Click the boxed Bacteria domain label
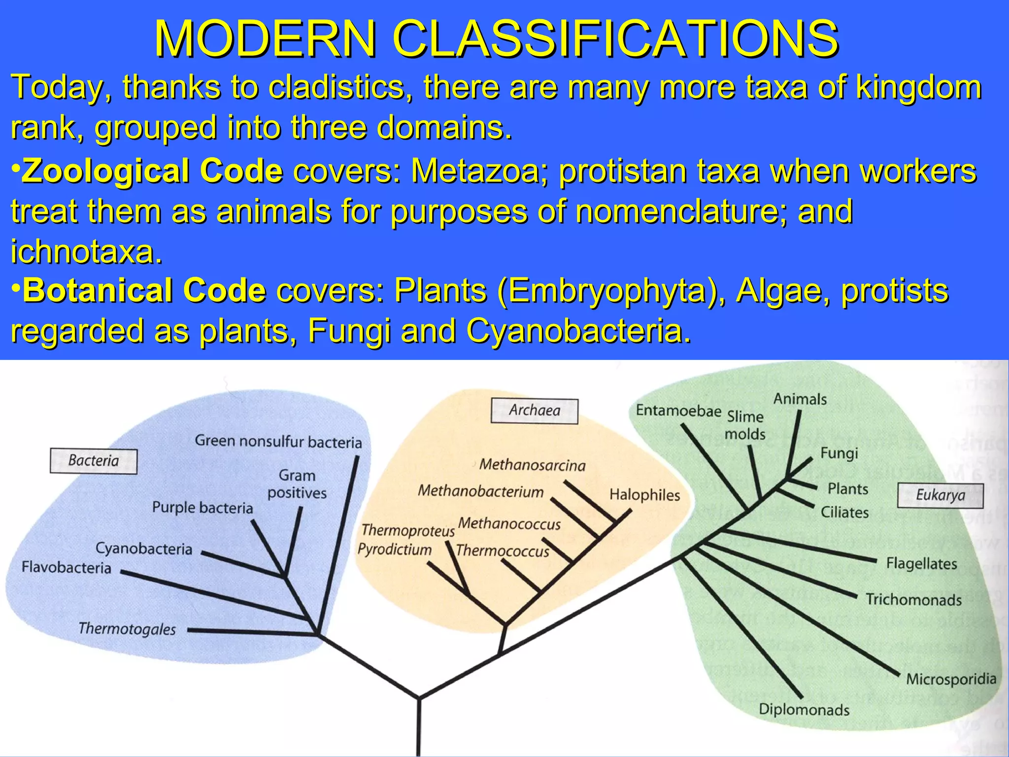[94, 461]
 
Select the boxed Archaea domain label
[534, 411]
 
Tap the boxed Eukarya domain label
[940, 495]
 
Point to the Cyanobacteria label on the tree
[144, 549]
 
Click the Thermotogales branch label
[127, 629]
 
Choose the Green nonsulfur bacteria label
[278, 441]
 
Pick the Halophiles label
[644, 495]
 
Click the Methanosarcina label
[532, 465]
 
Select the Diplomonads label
[804, 710]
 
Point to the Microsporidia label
[951, 679]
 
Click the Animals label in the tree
[800, 399]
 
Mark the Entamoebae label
[678, 411]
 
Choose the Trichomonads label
[913, 600]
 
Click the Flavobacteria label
[67, 568]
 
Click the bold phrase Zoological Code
[152, 171]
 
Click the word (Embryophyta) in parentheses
[611, 290]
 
